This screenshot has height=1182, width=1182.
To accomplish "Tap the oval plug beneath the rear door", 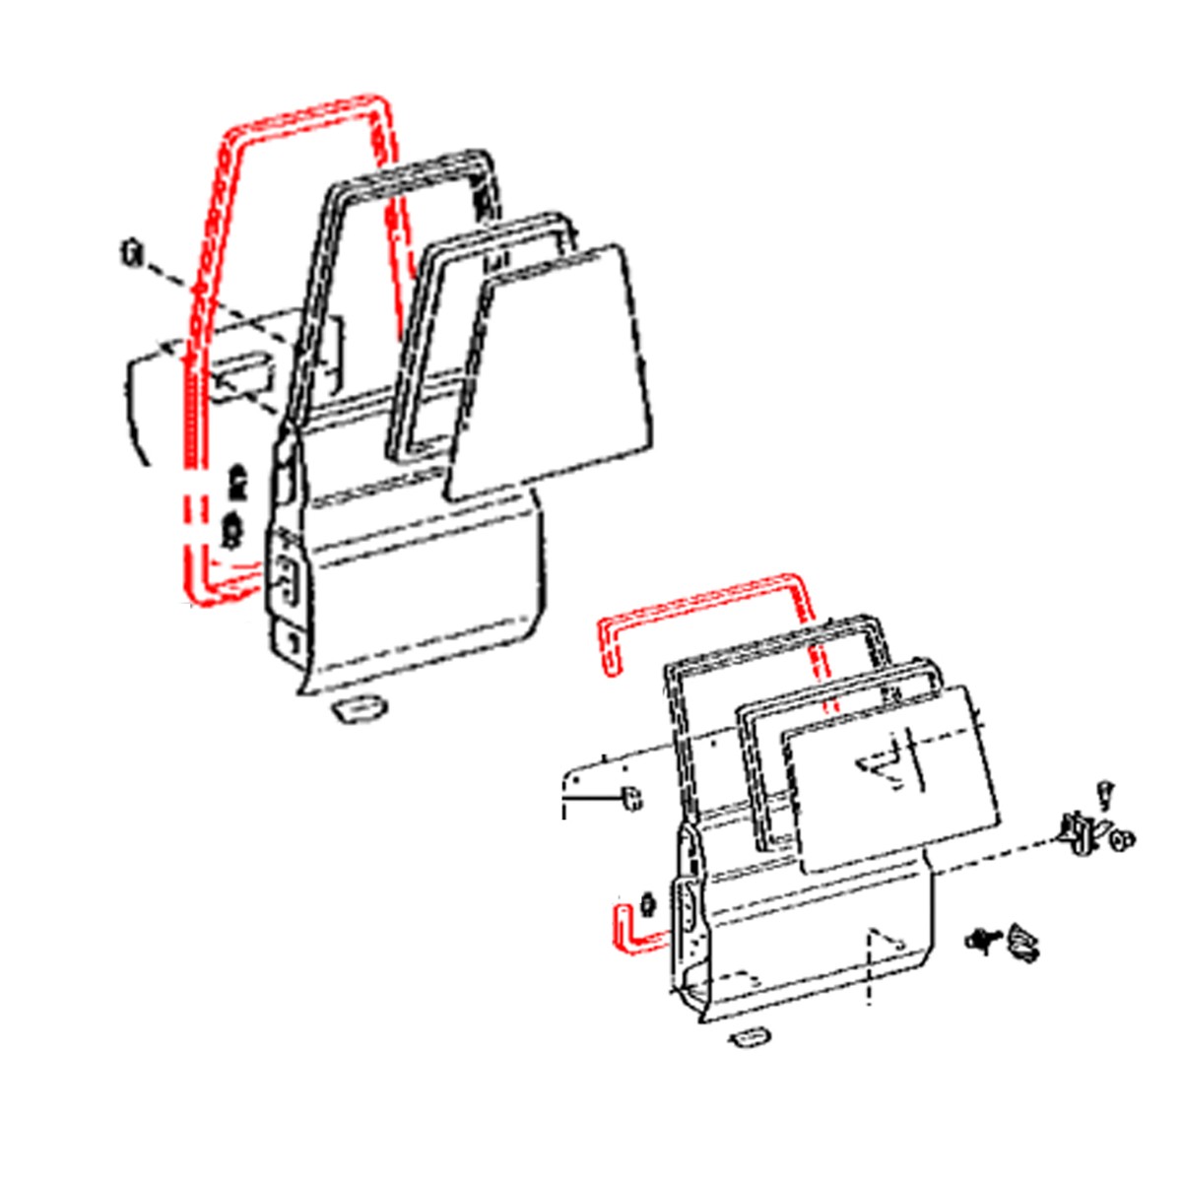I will click(749, 1038).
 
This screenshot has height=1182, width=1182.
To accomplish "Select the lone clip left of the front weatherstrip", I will click(130, 253).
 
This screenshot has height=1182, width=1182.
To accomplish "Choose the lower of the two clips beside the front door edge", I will click(233, 529).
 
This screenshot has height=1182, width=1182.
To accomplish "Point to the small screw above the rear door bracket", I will click(1105, 791).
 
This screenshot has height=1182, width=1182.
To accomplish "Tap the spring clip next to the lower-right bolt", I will click(1022, 942).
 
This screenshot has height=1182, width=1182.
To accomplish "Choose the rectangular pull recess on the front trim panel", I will click(240, 375).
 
